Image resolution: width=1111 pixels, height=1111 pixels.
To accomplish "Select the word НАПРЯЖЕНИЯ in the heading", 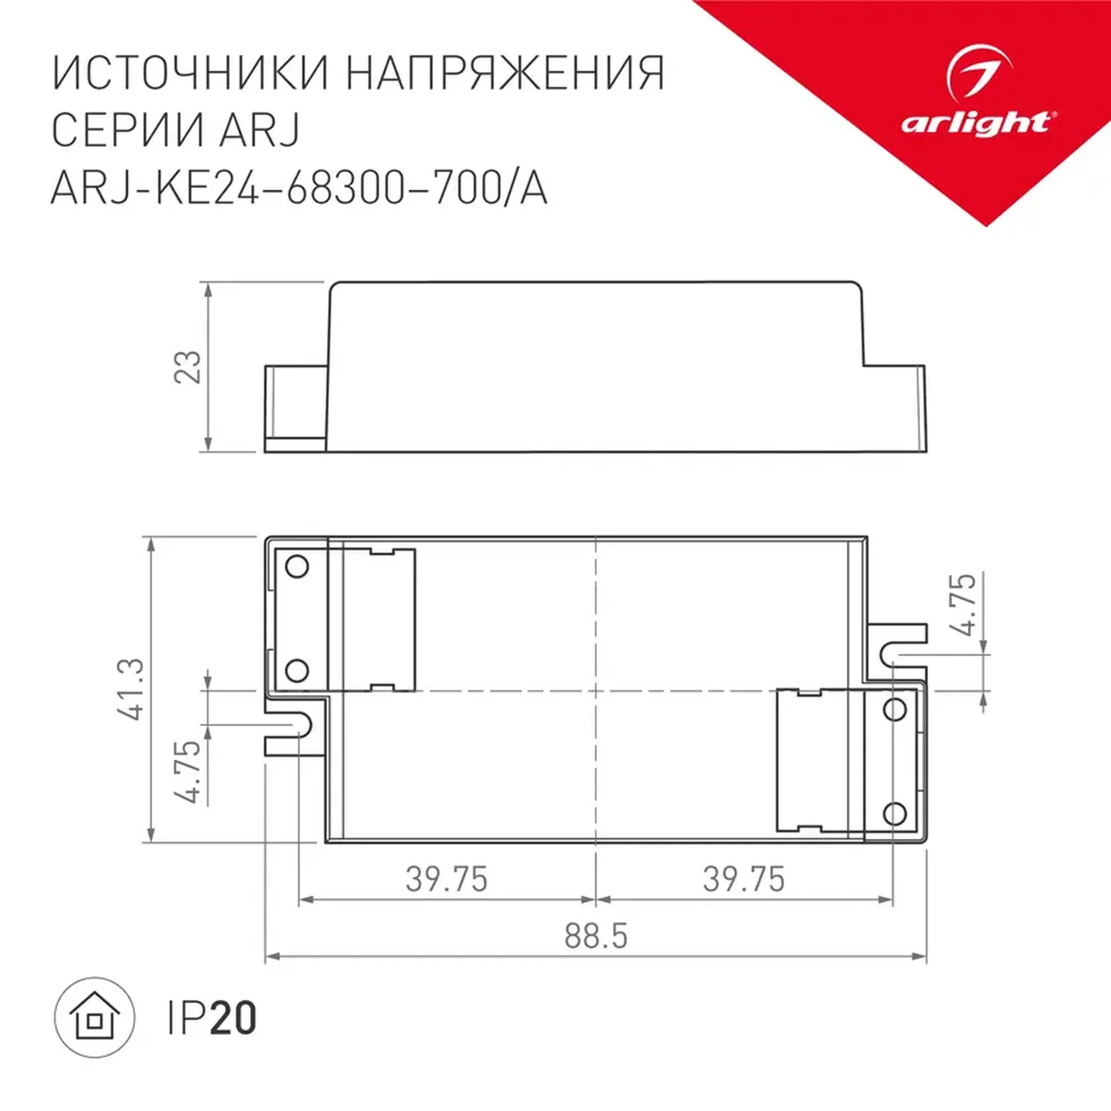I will coord(505,73).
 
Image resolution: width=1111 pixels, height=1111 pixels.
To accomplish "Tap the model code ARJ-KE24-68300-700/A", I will coord(298,189).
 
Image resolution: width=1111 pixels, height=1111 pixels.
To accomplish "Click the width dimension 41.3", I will coord(131,689).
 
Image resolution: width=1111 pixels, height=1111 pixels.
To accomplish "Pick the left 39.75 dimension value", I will coord(446,879).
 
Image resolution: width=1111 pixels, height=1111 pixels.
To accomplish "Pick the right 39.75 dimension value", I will coord(743,879).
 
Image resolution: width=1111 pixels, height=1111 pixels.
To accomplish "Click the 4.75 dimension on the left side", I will coord(188,771).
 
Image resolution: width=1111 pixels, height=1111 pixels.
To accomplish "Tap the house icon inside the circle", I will coord(95,1017).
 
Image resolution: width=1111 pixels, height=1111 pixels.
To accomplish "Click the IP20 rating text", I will coord(212,1019).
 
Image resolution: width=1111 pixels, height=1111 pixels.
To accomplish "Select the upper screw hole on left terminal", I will coord(296,566).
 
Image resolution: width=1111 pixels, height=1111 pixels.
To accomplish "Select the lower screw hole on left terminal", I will coord(296,670).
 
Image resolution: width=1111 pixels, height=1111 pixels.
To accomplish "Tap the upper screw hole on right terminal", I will coord(895,709).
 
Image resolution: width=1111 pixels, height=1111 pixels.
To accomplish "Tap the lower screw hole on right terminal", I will coord(895,813).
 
